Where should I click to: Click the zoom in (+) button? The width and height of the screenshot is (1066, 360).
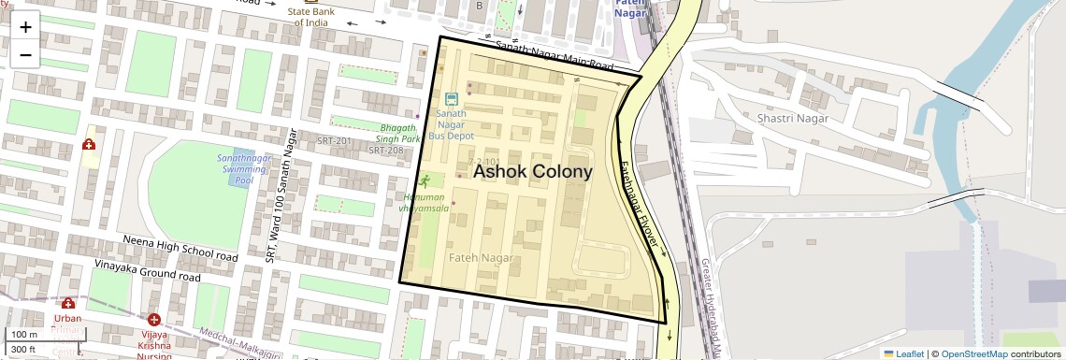click(25, 27)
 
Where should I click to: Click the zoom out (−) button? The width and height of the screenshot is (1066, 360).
click(25, 55)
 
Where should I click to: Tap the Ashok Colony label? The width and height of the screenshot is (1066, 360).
click(533, 172)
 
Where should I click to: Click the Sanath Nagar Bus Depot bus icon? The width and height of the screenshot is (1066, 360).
click(452, 98)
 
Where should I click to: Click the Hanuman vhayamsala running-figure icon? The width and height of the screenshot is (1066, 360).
click(425, 180)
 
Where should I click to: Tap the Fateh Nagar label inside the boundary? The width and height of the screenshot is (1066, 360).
click(480, 257)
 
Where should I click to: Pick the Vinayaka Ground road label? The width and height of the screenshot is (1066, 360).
click(148, 271)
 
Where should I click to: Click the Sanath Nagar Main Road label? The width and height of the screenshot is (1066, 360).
click(554, 56)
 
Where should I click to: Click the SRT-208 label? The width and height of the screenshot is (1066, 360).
click(385, 150)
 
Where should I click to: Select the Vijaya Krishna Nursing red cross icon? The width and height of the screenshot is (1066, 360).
click(153, 320)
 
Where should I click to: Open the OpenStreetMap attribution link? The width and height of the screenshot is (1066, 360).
click(974, 353)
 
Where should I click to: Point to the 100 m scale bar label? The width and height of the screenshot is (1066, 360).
click(23, 335)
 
